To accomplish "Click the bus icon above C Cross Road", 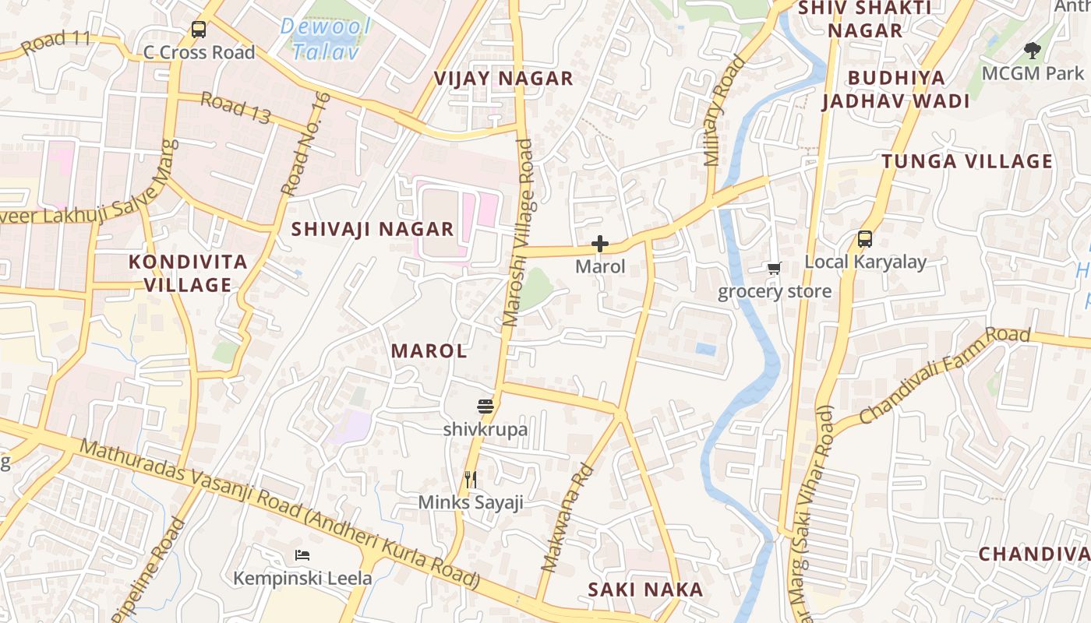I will click(x=199, y=30).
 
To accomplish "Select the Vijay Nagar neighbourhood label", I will click(x=503, y=79).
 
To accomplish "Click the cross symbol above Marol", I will click(x=600, y=245).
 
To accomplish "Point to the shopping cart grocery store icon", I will click(x=774, y=269).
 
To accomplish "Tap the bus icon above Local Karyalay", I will click(x=865, y=239).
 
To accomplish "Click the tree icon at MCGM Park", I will click(x=1033, y=51).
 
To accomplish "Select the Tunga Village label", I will click(x=967, y=161).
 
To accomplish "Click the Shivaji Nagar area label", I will click(x=372, y=229).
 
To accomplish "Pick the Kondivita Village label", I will click(x=188, y=273).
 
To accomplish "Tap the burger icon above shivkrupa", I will click(x=485, y=407).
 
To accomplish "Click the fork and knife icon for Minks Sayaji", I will click(x=471, y=480).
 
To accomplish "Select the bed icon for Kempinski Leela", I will click(x=302, y=555).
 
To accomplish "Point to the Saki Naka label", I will click(x=645, y=590).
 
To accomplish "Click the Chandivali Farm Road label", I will click(x=944, y=376).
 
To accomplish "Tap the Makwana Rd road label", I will click(x=567, y=519).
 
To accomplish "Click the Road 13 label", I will click(x=235, y=108).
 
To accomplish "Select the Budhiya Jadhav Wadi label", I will click(x=896, y=90).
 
